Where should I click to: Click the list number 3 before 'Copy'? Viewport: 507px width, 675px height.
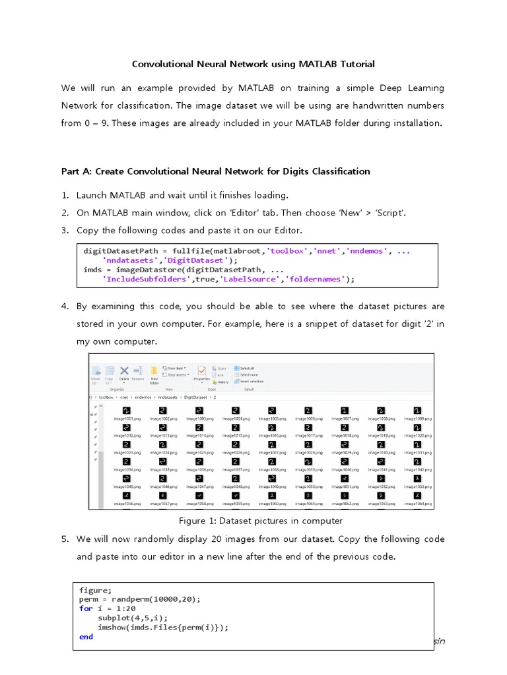coord(65,230)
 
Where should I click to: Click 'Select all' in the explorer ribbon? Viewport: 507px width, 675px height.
coord(247,368)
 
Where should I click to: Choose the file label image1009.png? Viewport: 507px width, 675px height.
coord(417,419)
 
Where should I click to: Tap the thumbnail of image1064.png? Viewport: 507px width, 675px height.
coord(417,495)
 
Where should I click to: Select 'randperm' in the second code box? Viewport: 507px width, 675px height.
coord(131,599)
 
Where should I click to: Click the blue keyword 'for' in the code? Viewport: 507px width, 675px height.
coord(86,608)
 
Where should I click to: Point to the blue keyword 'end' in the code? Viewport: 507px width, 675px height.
coord(86,637)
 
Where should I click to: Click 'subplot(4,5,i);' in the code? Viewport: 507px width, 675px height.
coord(132,618)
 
